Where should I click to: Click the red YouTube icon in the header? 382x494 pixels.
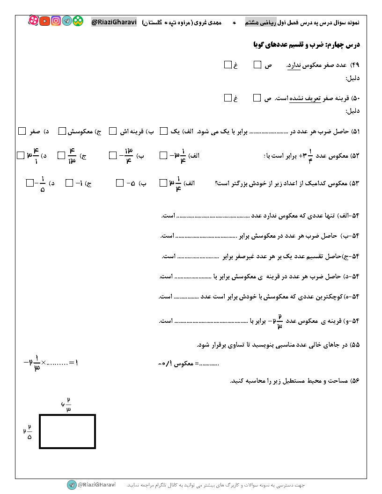click(x=45, y=21)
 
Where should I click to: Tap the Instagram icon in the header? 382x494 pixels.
click(x=56, y=21)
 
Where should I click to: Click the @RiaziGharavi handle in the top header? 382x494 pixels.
click(x=114, y=22)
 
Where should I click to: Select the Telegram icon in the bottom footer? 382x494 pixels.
click(x=71, y=485)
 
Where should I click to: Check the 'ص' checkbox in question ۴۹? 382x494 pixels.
click(x=257, y=65)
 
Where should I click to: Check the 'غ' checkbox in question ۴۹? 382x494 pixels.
click(x=228, y=65)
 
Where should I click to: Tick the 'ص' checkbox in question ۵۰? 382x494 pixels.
click(x=257, y=98)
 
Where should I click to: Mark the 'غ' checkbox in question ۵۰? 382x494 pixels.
click(x=228, y=98)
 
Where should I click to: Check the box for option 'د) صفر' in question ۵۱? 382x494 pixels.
click(x=22, y=131)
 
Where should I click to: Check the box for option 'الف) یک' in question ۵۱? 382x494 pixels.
click(x=163, y=131)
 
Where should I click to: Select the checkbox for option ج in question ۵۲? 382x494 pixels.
click(x=61, y=155)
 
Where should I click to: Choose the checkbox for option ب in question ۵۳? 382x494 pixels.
click(x=120, y=183)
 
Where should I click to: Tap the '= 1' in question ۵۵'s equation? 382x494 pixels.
click(x=73, y=362)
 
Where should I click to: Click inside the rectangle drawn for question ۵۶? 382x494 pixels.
click(x=67, y=431)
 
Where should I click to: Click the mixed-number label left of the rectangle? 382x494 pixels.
click(x=28, y=431)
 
